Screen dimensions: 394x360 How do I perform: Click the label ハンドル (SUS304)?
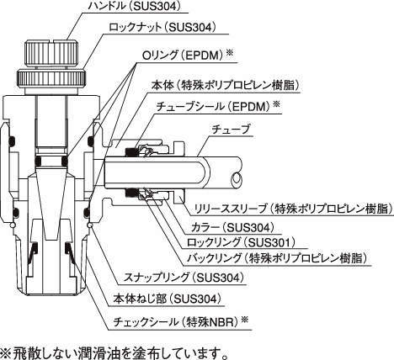(x=133, y=6)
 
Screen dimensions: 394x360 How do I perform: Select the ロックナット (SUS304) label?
(x=162, y=27)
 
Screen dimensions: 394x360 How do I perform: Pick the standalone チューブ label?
(x=230, y=130)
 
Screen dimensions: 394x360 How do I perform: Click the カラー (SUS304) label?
(x=232, y=227)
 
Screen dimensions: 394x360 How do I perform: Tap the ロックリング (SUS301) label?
(x=241, y=242)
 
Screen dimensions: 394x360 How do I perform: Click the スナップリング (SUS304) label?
(x=184, y=278)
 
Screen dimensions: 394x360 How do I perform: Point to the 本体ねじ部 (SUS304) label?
(x=167, y=299)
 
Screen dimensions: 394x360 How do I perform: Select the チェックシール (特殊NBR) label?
(x=177, y=321)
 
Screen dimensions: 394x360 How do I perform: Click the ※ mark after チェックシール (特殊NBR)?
(x=245, y=319)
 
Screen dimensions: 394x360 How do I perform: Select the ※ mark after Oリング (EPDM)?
(x=230, y=53)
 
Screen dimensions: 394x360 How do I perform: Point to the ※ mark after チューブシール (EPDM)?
(x=277, y=104)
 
